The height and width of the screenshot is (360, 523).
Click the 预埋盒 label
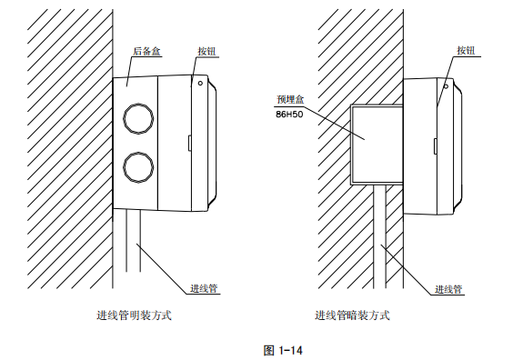click(x=288, y=100)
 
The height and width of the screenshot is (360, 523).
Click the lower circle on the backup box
click(x=137, y=166)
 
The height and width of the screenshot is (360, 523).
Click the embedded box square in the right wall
click(x=372, y=140)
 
